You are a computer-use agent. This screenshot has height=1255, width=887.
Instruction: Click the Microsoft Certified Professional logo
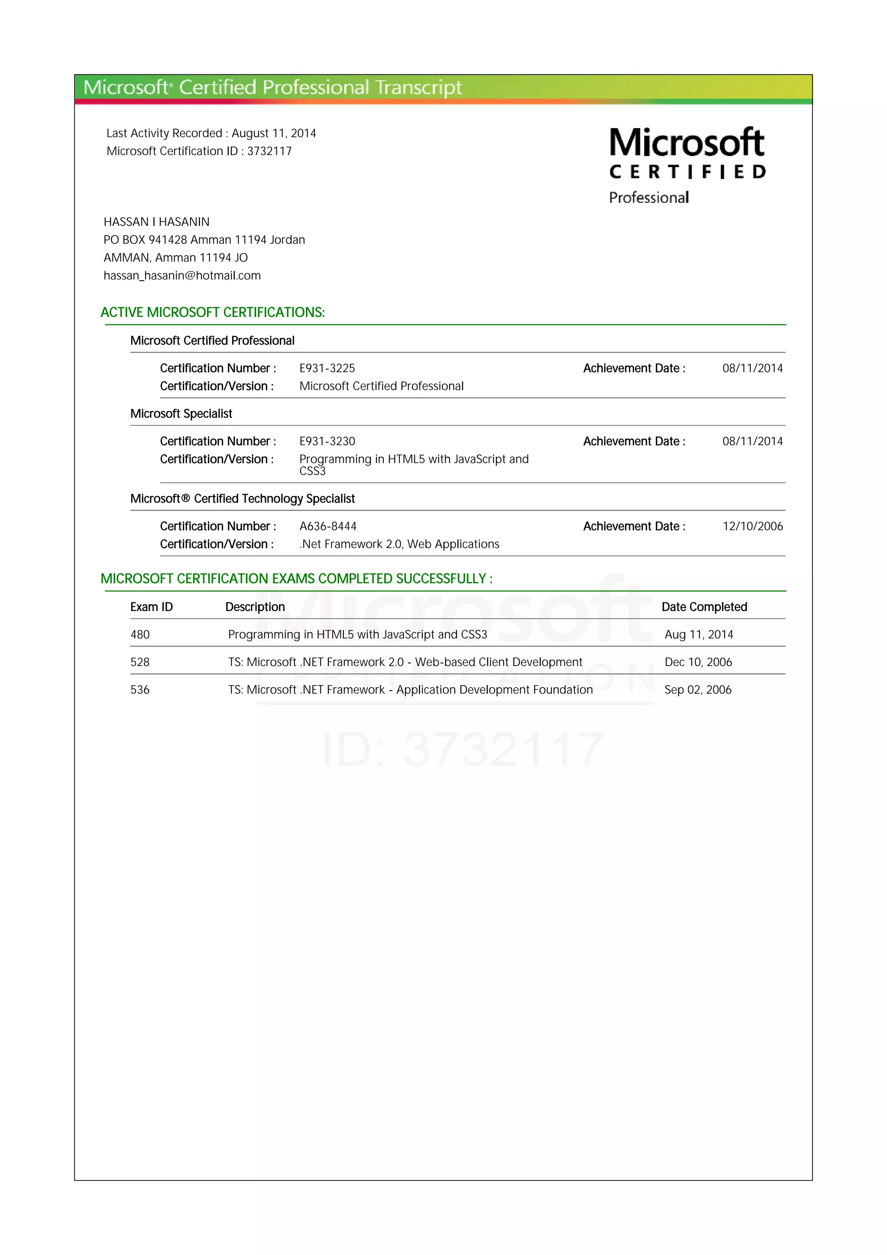click(x=687, y=165)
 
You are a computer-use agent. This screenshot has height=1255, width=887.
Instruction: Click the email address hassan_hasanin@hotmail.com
click(x=182, y=275)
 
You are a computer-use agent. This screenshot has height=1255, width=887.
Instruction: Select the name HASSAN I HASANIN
click(x=156, y=222)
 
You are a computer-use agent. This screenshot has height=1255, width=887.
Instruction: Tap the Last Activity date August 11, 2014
click(x=274, y=133)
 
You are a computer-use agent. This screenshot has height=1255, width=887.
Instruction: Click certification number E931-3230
click(x=327, y=441)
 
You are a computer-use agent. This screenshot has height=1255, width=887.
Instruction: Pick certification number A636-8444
click(x=327, y=526)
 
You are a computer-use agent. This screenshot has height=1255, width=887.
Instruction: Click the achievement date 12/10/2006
click(x=753, y=526)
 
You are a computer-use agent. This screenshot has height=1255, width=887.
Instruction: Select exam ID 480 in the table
click(x=140, y=634)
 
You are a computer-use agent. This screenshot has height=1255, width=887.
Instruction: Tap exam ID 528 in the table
click(x=140, y=662)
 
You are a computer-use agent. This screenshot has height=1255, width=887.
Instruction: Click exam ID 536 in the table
click(x=140, y=690)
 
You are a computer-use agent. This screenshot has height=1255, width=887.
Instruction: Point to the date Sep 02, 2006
click(x=698, y=690)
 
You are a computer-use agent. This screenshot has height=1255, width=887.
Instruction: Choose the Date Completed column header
click(x=704, y=607)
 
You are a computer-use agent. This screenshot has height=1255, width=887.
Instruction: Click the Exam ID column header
click(x=152, y=607)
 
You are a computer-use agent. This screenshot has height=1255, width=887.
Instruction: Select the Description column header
click(x=255, y=607)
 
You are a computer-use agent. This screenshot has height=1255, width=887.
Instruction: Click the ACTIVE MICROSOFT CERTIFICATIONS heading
click(x=213, y=312)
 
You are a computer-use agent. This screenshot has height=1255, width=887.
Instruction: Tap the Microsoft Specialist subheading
click(x=181, y=414)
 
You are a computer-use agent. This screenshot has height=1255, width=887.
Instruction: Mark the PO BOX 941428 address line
click(x=204, y=240)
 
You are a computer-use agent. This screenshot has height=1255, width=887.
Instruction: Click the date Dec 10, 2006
click(x=698, y=662)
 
